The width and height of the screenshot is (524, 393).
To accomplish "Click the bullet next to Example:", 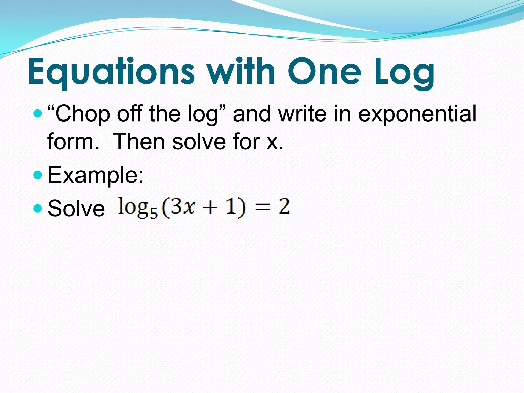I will [x=37, y=175].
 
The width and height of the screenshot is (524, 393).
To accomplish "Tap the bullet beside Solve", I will [x=37, y=208].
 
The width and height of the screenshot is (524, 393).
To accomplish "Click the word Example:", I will [x=96, y=176].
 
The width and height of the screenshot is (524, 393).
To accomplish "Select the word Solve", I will [x=76, y=209].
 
